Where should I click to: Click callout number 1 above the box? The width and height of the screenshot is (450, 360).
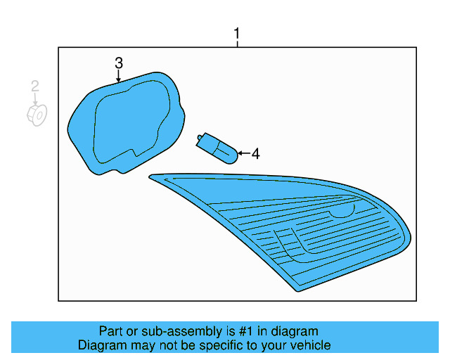coord(237,33)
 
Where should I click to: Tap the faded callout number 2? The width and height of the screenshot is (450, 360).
coord(34,86)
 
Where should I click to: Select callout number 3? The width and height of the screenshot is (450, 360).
coord(119,63)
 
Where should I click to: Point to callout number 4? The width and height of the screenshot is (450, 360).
coord(255,153)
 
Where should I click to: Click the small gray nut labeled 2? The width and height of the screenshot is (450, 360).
coord(37,115)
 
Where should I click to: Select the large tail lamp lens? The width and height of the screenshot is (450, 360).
coord(295,225)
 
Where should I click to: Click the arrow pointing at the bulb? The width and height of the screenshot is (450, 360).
coord(242,153)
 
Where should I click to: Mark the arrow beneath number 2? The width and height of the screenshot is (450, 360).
coord(35,99)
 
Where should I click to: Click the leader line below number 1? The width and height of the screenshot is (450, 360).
coord(237,44)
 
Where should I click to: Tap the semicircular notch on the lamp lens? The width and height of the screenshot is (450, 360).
coord(342,210)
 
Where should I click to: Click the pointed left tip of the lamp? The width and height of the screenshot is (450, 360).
coord(152,176)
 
